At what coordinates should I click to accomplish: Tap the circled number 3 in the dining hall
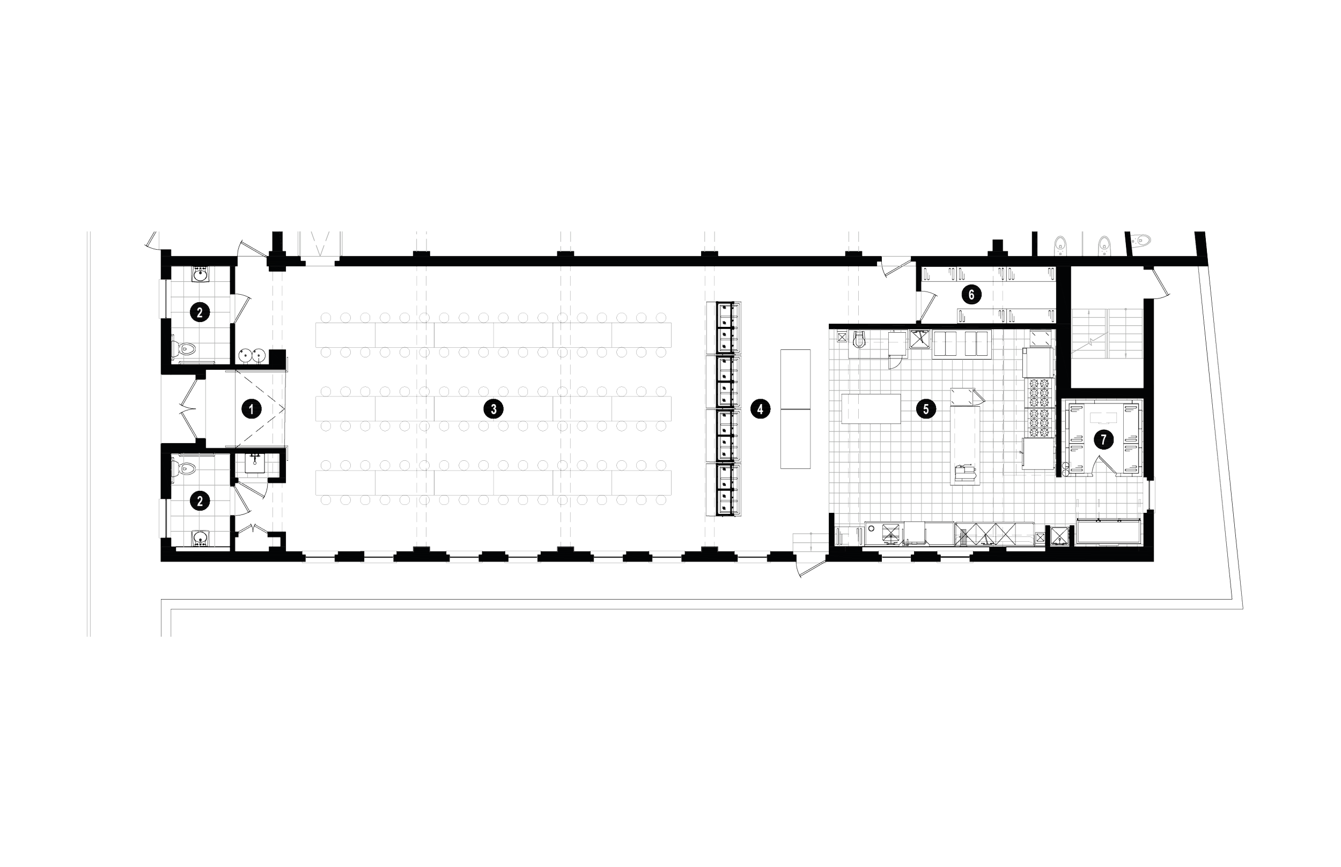tap(493, 409)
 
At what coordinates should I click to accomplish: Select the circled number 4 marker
tap(760, 409)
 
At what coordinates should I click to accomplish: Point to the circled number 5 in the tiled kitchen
tap(926, 409)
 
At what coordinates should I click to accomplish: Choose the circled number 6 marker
tap(971, 294)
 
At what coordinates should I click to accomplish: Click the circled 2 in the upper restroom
tap(200, 312)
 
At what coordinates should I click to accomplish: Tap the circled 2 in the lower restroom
tap(200, 500)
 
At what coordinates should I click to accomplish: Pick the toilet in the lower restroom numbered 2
tap(186, 468)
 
